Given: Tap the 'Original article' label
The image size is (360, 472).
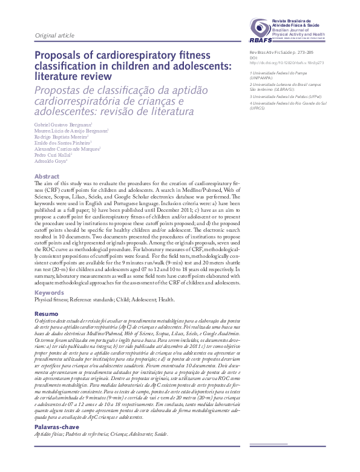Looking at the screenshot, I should coord(54,36).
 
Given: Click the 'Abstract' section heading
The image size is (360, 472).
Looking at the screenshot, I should coord(47,176).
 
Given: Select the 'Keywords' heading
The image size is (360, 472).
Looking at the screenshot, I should coord(48,293).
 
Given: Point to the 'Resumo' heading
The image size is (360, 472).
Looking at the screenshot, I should coord(46,314).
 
